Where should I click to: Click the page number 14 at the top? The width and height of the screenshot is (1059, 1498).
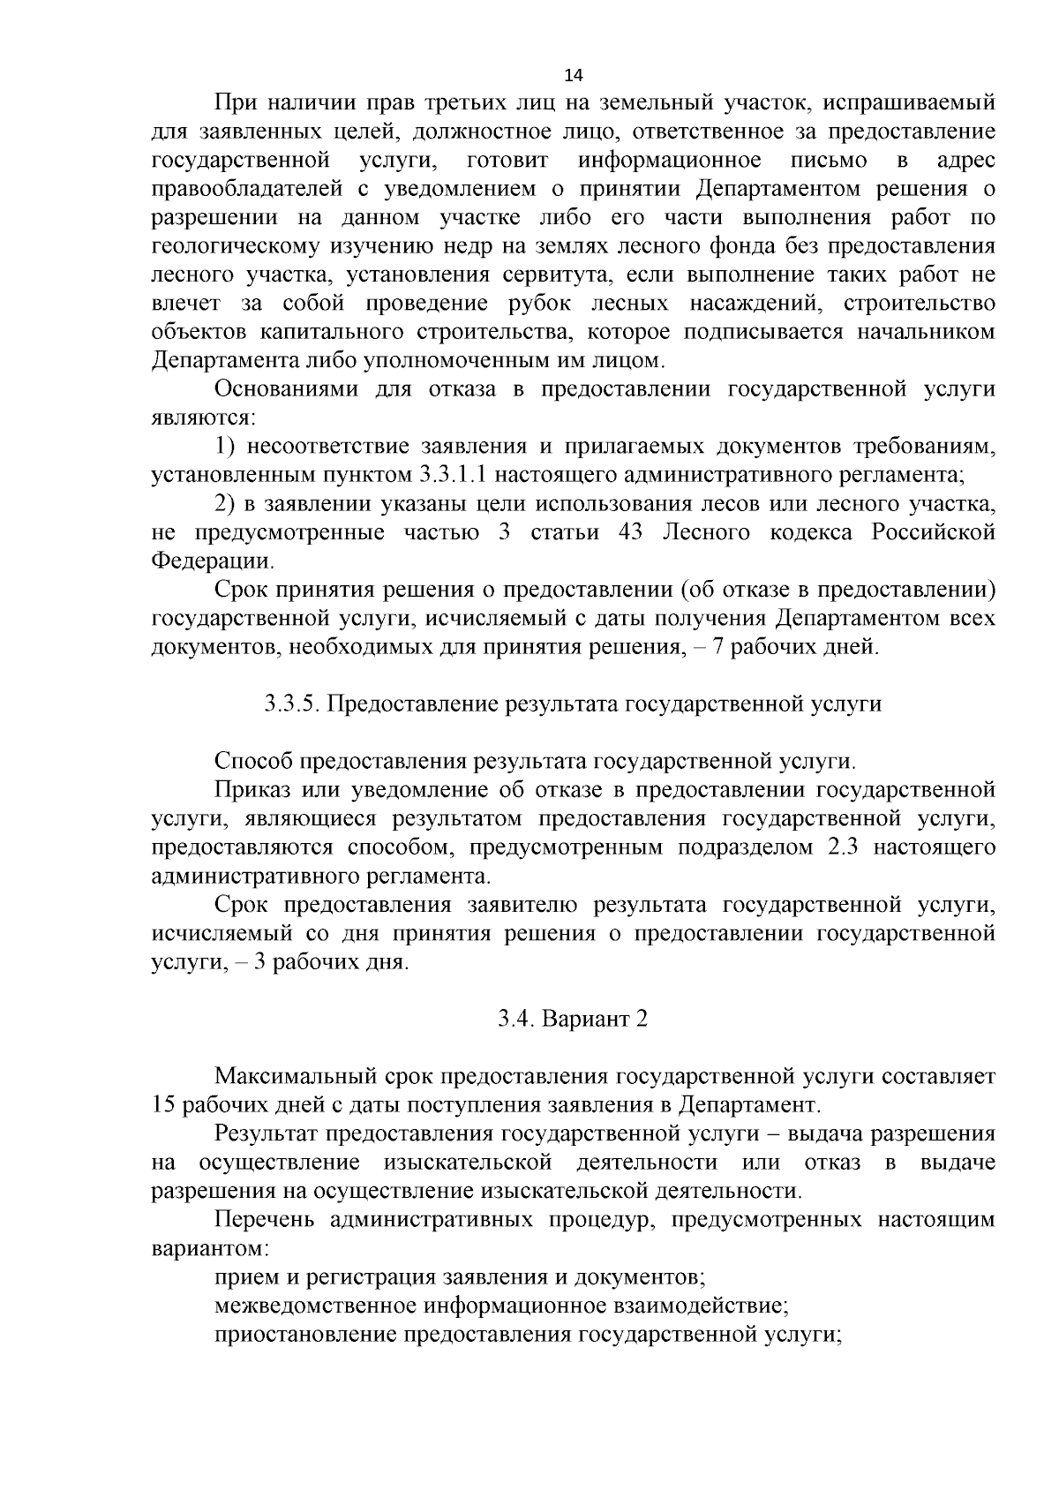(x=573, y=74)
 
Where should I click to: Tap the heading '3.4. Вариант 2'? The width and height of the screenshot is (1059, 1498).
(x=572, y=1018)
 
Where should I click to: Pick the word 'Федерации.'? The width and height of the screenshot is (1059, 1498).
(x=213, y=561)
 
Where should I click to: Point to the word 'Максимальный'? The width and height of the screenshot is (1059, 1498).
(x=295, y=1076)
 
